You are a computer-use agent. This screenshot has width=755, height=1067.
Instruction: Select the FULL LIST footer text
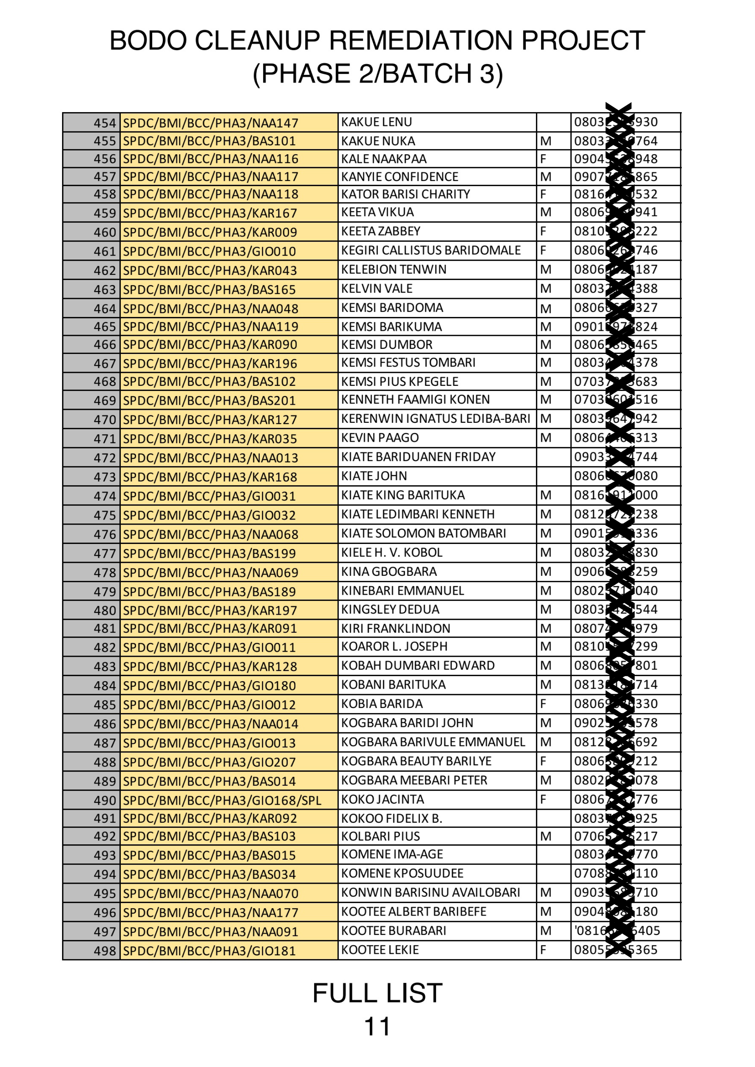pos(377,993)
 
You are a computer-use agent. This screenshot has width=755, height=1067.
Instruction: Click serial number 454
pos(105,123)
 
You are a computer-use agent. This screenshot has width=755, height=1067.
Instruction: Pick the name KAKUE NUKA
pos(378,141)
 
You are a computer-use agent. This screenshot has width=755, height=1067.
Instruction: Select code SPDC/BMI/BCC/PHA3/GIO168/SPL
pos(222,800)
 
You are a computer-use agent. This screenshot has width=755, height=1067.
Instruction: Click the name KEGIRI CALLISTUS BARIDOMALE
pos(431,250)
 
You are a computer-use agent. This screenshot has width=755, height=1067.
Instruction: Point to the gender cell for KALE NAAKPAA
pos(543,159)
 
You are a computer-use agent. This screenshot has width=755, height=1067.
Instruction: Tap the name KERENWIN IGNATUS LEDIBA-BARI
pos(435,418)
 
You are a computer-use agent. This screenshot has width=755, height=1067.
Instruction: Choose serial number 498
pos(105,951)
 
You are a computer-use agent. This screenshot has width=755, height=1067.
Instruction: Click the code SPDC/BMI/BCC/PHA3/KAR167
pos(210,213)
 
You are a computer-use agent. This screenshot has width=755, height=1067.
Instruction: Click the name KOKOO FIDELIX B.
pos(391,818)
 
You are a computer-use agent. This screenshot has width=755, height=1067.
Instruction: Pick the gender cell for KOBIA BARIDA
pos(543,704)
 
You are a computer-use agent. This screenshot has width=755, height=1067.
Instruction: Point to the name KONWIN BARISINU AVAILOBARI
pos(431,892)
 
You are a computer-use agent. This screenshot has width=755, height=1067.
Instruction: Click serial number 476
pos(105,534)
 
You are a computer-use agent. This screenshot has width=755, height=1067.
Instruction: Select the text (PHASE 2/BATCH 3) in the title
pos(377,74)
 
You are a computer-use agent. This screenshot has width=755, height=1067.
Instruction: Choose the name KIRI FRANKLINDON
pos(396,628)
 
